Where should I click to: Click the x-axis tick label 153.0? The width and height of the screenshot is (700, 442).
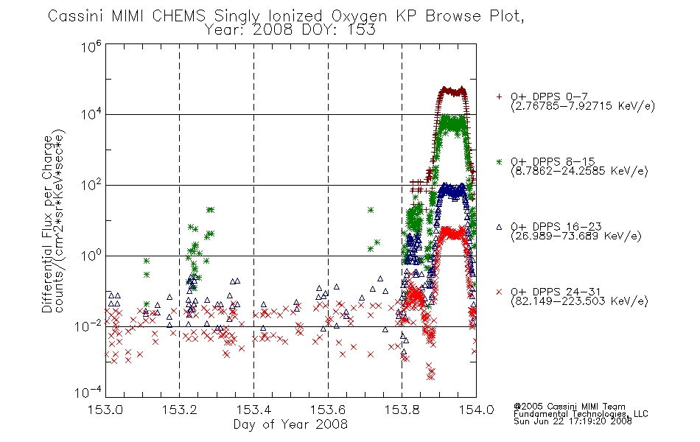105,410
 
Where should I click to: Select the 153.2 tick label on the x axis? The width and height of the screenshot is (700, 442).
180,410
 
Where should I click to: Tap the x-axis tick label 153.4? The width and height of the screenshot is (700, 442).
253,410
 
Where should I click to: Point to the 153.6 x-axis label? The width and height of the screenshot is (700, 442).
328,410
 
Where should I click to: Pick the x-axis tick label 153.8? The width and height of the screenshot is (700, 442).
402,410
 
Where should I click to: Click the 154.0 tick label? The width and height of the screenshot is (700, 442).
476,410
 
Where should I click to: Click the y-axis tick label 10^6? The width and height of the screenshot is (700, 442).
91,46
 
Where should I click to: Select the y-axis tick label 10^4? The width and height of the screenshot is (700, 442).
91,114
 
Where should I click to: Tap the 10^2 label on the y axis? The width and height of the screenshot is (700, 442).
91,185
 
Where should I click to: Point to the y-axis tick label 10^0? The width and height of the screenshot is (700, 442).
91,256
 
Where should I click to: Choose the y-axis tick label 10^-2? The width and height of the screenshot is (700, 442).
88,326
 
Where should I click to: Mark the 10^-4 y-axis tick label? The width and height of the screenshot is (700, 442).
88,392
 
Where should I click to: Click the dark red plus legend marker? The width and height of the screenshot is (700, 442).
499,97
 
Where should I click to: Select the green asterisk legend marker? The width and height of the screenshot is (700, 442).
499,162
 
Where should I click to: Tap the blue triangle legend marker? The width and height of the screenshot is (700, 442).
499,227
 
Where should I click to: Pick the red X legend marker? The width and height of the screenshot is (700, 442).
499,292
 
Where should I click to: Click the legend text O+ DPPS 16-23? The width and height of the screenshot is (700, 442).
556,226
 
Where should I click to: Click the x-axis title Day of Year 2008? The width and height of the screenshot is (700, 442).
290,424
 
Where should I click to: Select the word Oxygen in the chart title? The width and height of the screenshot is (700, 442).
359,16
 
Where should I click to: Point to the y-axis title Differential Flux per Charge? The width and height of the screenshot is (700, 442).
47,224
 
